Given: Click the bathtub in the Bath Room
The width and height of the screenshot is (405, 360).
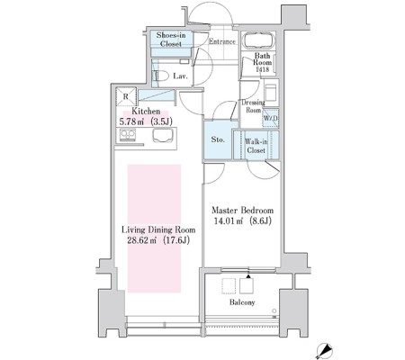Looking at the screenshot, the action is click(259, 40).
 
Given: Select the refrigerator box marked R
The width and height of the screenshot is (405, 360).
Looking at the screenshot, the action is click(126, 96).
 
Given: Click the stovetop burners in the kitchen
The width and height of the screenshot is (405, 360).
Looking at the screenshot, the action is click(128, 134).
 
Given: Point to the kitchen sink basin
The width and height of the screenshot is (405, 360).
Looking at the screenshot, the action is click(163, 135).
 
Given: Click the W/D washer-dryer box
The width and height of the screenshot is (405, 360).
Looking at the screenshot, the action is click(271, 118).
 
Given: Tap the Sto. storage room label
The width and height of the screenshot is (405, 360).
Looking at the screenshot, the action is click(218, 139).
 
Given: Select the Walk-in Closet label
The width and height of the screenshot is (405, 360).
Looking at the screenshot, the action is click(256, 146).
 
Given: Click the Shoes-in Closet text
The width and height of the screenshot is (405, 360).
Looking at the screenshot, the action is click(171, 40).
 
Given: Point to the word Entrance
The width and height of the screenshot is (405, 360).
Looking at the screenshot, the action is click(222, 41).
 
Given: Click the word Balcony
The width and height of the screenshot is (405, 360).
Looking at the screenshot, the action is click(242, 302).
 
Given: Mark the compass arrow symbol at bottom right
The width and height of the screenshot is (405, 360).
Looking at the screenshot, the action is click(324, 350).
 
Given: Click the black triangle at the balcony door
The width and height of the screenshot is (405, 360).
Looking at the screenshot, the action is click(248, 276).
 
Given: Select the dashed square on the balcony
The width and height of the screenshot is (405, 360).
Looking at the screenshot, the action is click(229, 285).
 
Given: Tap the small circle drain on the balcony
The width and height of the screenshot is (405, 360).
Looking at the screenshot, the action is click(274, 310).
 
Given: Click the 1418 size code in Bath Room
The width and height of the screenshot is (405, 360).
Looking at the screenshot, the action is click(262, 69).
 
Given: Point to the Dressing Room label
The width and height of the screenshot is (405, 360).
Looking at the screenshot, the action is click(254, 106).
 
